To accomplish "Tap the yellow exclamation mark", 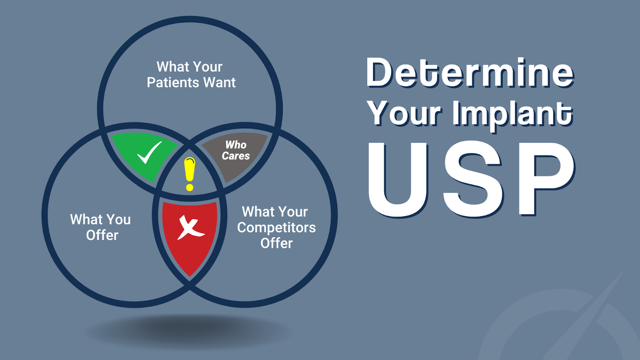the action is [x=190, y=174].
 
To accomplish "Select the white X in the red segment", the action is [x=190, y=228].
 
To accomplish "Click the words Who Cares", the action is [x=236, y=150].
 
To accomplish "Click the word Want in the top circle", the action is [x=220, y=82].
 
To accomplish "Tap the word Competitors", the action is [x=276, y=228].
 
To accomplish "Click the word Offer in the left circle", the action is [x=102, y=235].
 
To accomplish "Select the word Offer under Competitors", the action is [x=276, y=243].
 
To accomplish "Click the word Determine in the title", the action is [x=470, y=72].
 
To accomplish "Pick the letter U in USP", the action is [x=398, y=180].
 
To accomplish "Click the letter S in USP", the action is [x=472, y=180].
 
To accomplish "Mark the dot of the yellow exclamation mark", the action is [x=190, y=188].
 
